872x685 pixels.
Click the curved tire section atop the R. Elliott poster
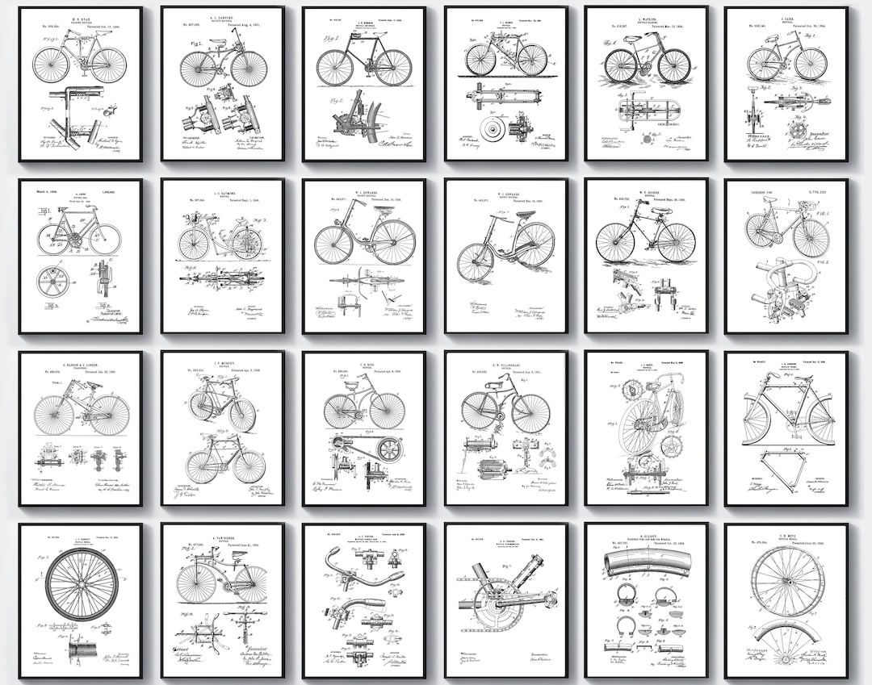tap(646, 563)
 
